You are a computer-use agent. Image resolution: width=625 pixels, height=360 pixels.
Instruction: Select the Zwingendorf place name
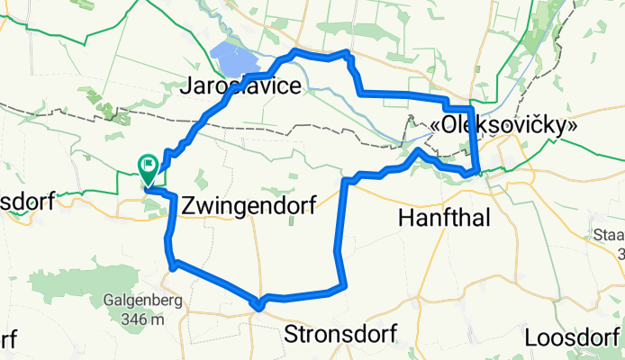[249, 206]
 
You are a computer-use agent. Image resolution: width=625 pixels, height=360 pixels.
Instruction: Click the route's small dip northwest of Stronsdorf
[259, 306]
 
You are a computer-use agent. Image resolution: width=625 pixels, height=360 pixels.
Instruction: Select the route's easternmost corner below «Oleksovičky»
[476, 169]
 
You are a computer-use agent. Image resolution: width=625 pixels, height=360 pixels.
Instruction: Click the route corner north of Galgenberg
[171, 263]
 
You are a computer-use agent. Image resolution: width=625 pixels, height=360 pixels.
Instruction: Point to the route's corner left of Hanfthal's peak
[348, 181]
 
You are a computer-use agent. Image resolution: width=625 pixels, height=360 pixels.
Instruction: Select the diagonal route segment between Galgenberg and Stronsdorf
[216, 283]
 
